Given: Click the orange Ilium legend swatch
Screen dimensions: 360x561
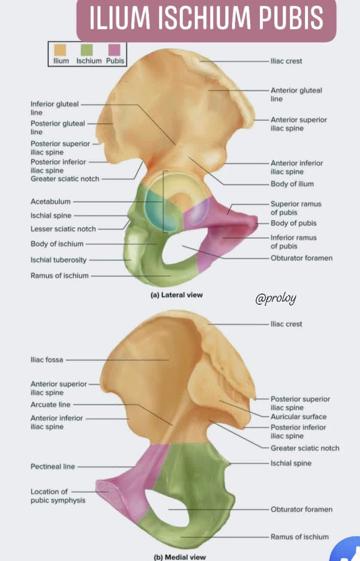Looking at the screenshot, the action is (60, 50).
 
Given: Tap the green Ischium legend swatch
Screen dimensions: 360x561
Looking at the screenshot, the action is (87, 50).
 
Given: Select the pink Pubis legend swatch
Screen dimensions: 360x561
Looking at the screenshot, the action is (114, 50).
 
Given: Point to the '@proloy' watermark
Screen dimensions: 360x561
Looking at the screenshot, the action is (275, 298).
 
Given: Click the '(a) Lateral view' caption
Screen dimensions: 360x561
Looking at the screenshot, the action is (177, 295).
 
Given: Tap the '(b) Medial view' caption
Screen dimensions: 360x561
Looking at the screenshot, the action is (180, 557).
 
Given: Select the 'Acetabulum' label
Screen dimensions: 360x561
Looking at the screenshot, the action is (50, 201).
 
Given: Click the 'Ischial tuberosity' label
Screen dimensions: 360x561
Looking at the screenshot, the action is (58, 260).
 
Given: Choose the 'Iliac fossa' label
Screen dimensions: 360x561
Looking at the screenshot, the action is (46, 360).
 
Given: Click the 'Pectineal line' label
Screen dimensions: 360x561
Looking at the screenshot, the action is (52, 466).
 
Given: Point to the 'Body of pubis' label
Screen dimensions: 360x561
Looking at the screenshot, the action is (293, 223).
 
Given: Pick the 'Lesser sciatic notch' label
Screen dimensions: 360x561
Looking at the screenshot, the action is (63, 229).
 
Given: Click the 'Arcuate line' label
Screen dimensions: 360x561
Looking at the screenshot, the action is (50, 405).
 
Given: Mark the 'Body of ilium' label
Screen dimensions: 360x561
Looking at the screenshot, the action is (292, 184).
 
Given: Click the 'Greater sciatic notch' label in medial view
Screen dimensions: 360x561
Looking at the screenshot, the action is (305, 448).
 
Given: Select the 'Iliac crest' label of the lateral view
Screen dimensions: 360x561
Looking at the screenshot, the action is (287, 61).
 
